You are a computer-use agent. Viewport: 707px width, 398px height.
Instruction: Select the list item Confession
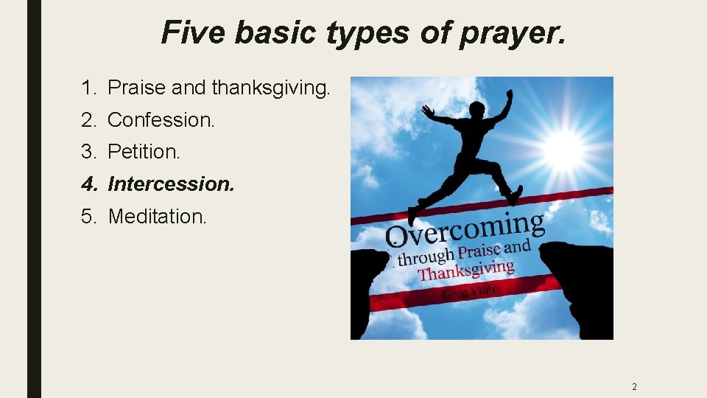click(161, 120)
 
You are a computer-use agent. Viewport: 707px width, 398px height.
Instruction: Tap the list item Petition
click(144, 153)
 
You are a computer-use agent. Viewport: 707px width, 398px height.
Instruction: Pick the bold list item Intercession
click(171, 184)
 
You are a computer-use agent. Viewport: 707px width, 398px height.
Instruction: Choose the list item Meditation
click(158, 217)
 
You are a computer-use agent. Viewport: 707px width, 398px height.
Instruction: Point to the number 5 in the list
click(88, 217)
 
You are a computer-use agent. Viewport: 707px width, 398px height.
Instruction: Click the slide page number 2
click(634, 386)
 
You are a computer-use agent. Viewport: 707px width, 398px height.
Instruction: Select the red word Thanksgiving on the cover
click(465, 270)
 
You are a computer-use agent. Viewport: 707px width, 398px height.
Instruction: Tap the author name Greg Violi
click(469, 292)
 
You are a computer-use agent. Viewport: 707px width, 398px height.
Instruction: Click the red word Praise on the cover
click(479, 251)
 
